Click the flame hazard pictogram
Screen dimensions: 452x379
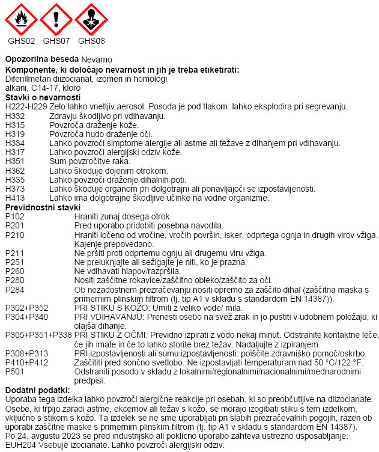[20, 19]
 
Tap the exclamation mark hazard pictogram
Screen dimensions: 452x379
[56, 19]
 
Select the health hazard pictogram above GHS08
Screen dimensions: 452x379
[91, 19]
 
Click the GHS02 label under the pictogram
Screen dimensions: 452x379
[21, 41]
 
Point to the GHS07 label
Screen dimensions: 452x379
[56, 41]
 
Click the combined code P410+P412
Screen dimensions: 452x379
[24, 363]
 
